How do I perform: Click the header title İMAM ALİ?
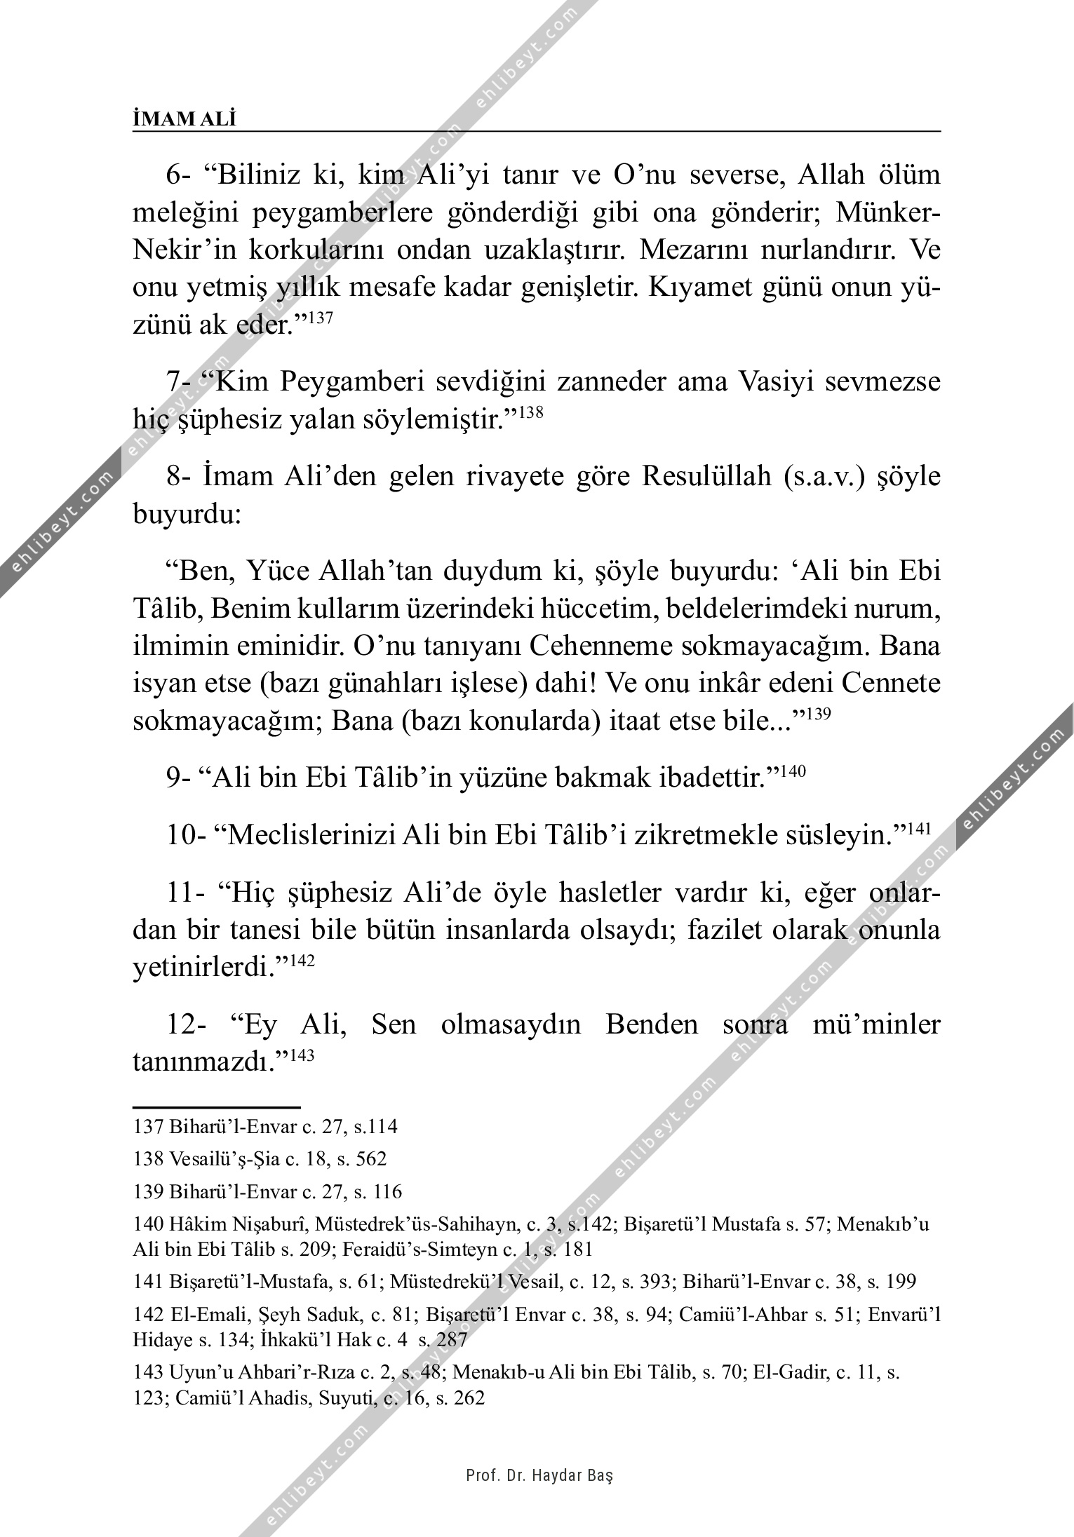point(184,119)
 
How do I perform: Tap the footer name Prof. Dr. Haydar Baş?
point(539,1475)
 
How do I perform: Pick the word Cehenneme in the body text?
point(600,646)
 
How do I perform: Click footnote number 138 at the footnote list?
point(147,1159)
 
